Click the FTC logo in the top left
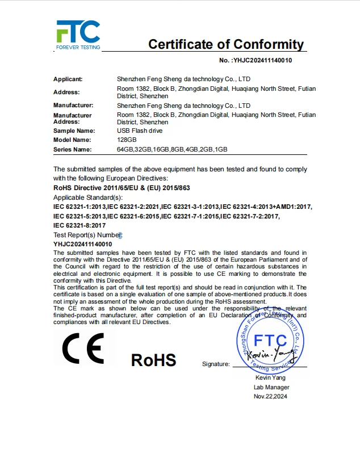78,35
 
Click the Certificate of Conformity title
226,44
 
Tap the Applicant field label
68,79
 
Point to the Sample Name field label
72,131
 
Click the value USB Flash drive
139,131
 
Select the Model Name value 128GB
127,140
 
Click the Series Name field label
72,149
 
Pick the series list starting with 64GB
172,149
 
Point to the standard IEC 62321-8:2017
80,225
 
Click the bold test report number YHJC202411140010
83,244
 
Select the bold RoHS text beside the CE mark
153,360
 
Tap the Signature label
216,364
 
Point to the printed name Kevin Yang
270,378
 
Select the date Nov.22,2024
270,397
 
